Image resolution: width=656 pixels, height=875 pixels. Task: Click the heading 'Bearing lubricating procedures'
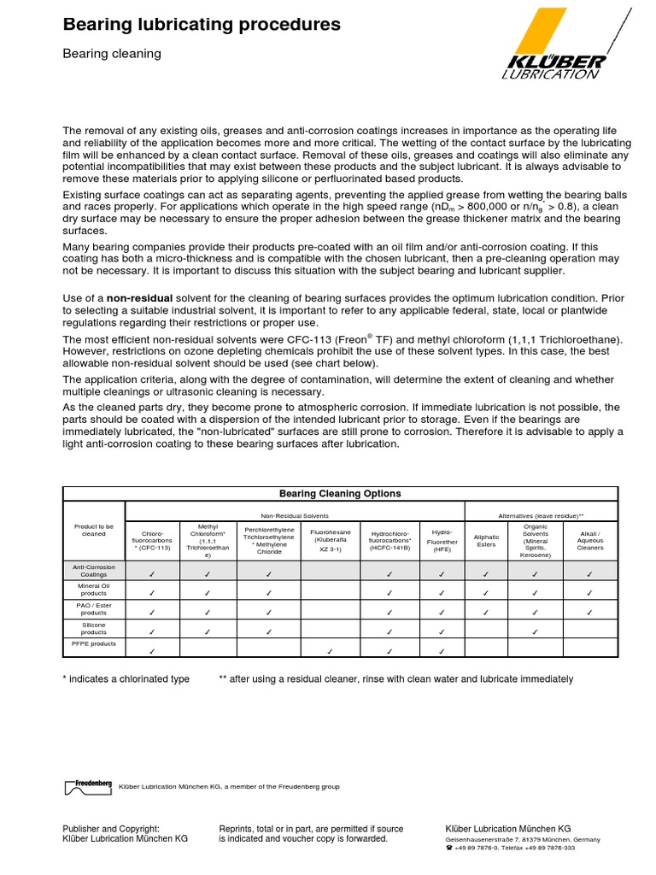click(x=202, y=26)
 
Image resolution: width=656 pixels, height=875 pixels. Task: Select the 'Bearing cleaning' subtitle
click(x=112, y=54)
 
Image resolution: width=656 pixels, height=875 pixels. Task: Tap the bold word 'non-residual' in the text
click(x=138, y=297)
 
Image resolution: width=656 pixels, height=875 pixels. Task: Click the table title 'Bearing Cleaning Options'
click(x=340, y=494)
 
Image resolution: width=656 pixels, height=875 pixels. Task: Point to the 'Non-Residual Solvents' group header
click(x=295, y=515)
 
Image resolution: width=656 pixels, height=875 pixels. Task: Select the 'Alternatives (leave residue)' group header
click(x=541, y=515)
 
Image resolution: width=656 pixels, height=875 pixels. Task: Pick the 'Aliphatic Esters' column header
click(x=486, y=541)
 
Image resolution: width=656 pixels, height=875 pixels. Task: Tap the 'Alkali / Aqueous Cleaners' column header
click(x=590, y=541)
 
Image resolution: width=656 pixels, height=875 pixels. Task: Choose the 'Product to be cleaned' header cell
click(x=94, y=531)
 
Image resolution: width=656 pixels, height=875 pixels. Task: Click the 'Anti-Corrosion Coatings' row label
click(x=94, y=571)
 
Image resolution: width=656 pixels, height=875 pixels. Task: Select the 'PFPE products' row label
click(x=94, y=644)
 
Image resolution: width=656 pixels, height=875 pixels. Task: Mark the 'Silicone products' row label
click(x=94, y=628)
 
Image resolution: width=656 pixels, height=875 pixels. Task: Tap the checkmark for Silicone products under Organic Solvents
click(x=535, y=631)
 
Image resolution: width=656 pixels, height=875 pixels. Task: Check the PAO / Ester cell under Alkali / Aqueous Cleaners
click(x=590, y=612)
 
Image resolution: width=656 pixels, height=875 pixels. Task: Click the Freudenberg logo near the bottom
click(x=87, y=787)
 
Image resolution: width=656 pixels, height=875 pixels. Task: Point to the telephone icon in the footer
click(x=449, y=849)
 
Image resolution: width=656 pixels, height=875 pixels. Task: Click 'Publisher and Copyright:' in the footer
click(x=111, y=828)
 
